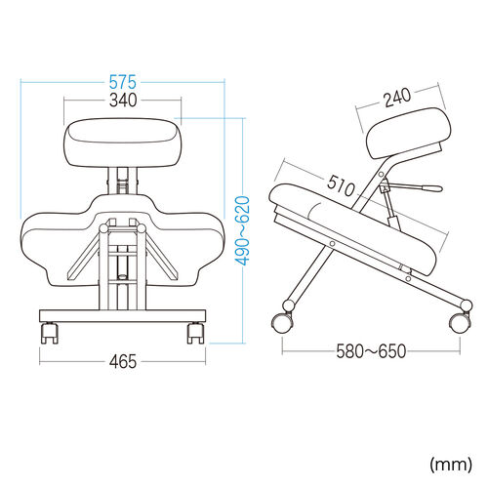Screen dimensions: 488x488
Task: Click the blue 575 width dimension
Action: click(x=122, y=82)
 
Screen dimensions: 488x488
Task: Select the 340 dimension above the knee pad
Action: click(x=123, y=101)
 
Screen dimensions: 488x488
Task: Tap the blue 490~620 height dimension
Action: click(x=243, y=230)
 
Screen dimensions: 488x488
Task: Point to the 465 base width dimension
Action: click(x=123, y=361)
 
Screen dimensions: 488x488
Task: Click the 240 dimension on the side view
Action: click(x=397, y=98)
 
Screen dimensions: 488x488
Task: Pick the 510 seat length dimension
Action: click(x=341, y=185)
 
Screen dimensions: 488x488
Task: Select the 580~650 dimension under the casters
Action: click(x=371, y=351)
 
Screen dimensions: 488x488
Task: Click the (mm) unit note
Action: click(x=451, y=465)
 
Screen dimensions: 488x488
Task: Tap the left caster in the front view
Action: click(x=50, y=333)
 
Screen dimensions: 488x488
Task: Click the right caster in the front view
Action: click(x=196, y=333)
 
